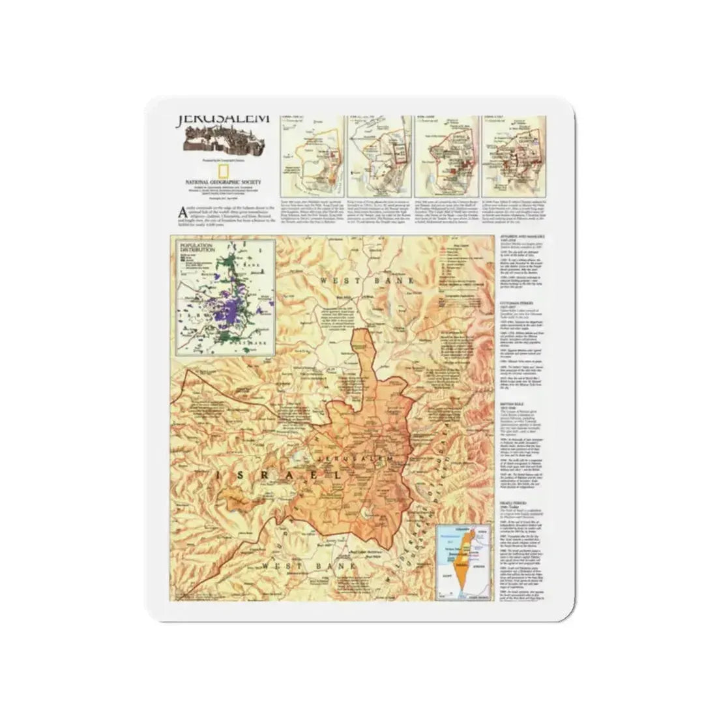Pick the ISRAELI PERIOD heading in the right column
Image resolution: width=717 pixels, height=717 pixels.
tap(515, 502)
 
